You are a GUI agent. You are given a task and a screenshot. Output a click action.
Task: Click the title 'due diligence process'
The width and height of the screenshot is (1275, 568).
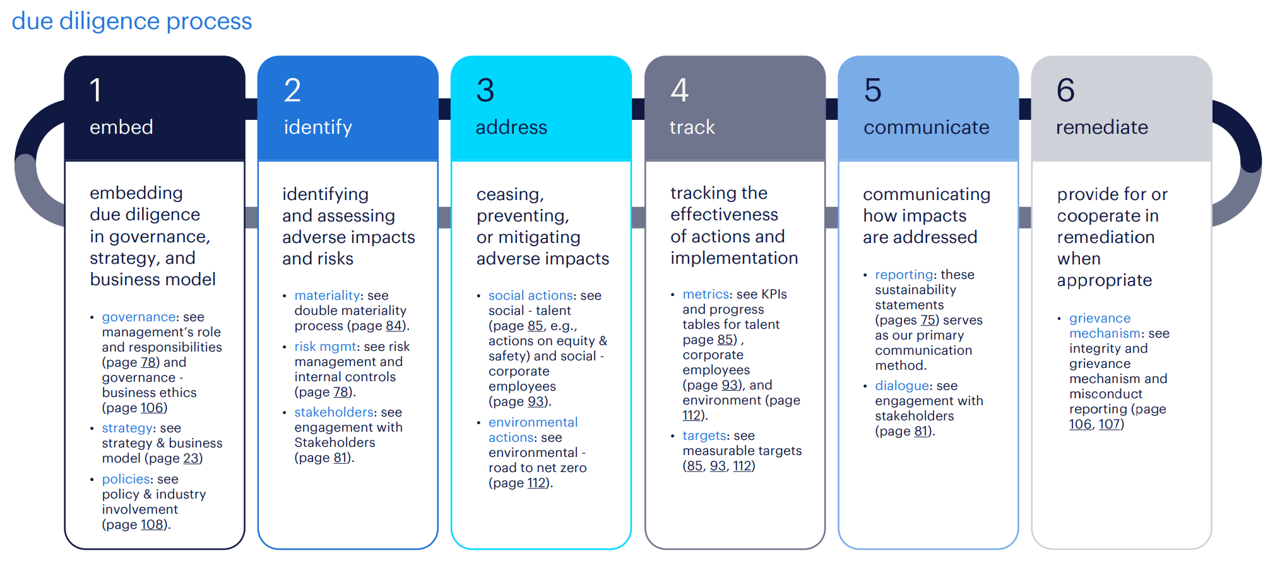132,21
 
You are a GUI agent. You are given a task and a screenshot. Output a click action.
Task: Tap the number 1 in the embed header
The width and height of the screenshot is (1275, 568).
96,90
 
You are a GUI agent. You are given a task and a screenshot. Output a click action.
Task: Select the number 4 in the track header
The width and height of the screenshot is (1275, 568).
679,90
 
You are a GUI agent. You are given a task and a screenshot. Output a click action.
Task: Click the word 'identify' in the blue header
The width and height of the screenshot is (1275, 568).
317,127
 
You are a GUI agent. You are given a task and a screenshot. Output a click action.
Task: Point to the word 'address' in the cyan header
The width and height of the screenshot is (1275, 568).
511,127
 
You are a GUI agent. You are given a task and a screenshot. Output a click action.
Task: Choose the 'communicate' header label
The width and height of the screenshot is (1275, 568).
926,127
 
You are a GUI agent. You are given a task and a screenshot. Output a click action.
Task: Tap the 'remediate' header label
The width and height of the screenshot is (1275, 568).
1101,127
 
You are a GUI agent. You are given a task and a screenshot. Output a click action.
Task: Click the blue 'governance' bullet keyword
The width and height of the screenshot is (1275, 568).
139,317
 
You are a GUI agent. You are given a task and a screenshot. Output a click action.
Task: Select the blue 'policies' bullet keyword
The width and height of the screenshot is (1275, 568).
126,479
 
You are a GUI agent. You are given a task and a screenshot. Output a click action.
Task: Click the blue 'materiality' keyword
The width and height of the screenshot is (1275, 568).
327,295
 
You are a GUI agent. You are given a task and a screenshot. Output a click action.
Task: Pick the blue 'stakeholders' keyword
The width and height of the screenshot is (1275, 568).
335,412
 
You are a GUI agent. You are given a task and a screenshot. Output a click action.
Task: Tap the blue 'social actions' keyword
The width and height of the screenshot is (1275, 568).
531,295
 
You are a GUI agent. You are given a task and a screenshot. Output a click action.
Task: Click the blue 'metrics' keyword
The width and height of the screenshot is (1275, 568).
706,294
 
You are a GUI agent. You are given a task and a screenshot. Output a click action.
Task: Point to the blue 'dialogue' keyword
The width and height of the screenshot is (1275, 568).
902,386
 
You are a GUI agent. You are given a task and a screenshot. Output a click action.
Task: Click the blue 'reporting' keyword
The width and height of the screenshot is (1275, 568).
904,275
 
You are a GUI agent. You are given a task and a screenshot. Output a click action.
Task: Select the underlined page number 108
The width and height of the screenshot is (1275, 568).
151,524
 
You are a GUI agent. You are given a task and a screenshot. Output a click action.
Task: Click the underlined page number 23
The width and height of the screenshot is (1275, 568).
191,458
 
